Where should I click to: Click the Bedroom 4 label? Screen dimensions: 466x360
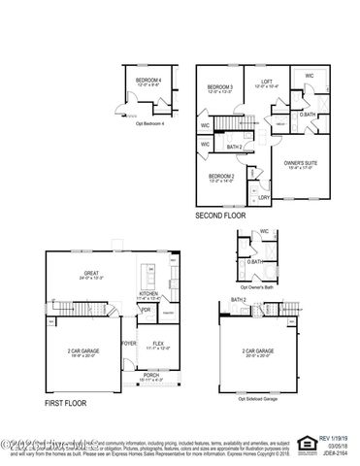tap(147, 81)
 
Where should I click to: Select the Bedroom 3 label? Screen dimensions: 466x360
tap(219, 87)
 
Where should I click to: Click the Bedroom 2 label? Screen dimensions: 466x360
tap(222, 176)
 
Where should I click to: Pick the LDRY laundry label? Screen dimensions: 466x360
tap(263, 197)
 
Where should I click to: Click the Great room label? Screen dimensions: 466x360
tap(92, 274)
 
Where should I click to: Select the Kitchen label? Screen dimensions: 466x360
tap(148, 293)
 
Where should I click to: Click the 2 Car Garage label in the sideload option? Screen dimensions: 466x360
tap(256, 351)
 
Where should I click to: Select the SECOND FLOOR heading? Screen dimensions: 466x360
tap(221, 215)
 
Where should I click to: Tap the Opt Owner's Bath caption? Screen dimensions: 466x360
tap(255, 285)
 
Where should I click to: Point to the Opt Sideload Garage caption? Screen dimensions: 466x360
tap(258, 397)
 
